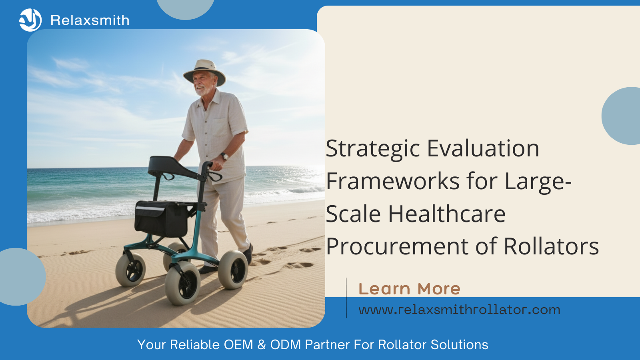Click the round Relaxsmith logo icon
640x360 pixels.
30,20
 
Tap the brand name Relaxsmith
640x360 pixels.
90,20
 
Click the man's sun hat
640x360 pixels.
204,72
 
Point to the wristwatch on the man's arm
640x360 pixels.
225,156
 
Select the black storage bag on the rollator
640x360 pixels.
162,218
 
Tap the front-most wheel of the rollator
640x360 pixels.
182,284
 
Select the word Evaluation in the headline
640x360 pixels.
483,148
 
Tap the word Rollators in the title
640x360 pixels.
551,246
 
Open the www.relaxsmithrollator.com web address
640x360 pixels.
460,310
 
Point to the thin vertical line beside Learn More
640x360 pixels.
346,298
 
